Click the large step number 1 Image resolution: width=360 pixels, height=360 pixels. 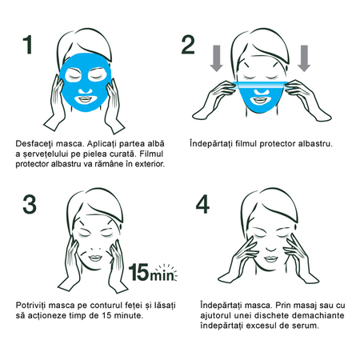coord(28,45)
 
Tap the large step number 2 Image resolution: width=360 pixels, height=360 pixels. coord(188,45)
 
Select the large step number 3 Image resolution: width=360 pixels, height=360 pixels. coord(30,205)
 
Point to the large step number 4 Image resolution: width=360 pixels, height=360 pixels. coord(202,204)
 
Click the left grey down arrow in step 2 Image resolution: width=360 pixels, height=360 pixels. coord(216,58)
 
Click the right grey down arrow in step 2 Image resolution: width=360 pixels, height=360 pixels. coord(304,58)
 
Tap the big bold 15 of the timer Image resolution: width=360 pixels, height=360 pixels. coord(138,272)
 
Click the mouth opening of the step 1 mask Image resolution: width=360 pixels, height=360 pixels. coord(85,99)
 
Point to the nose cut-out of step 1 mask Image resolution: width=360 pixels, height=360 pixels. coord(85,90)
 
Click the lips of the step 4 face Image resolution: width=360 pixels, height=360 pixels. coord(271,259)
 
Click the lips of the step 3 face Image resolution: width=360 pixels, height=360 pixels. coord(95,258)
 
